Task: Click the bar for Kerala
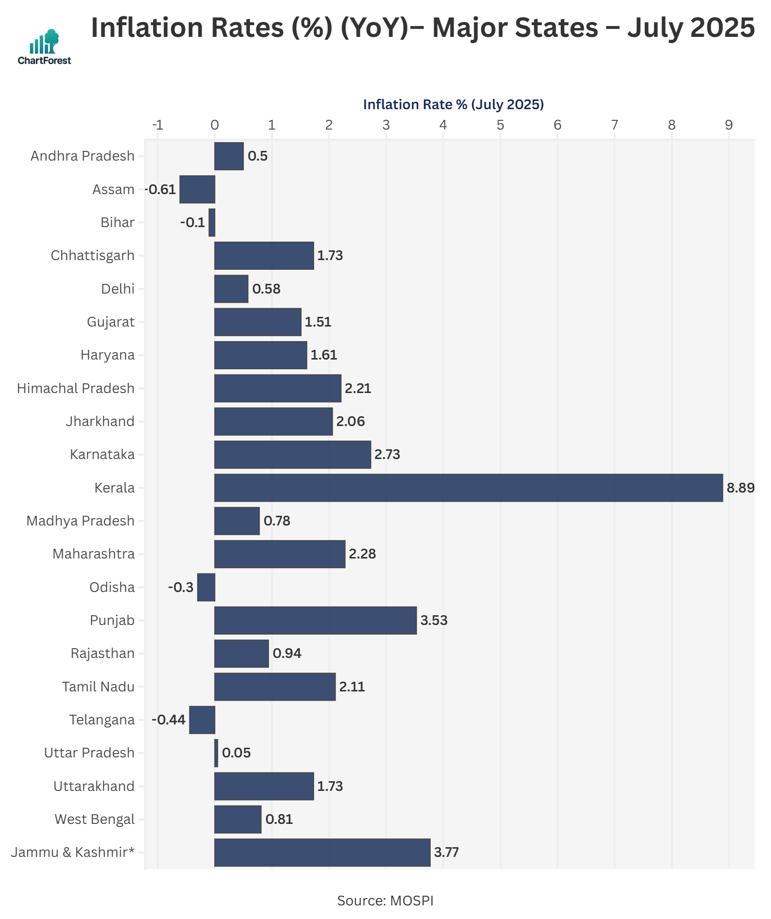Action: (x=469, y=488)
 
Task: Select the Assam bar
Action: (x=197, y=189)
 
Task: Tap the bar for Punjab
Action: (x=316, y=620)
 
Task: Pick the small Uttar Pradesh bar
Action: (x=216, y=753)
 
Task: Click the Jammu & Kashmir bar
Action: (x=322, y=853)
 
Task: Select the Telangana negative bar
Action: (x=202, y=720)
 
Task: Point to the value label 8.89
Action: (x=740, y=488)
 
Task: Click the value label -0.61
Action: (x=161, y=189)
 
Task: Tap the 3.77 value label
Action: (x=446, y=853)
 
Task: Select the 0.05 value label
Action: (x=236, y=753)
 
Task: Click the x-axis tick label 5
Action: (x=500, y=125)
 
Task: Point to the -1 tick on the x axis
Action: (x=157, y=125)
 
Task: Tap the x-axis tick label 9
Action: (x=728, y=125)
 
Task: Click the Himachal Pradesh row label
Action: (x=76, y=388)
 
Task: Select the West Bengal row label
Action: (x=95, y=820)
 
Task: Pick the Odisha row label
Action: (x=112, y=588)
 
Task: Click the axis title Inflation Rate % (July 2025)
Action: (x=453, y=104)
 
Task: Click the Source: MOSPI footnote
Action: (x=385, y=901)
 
